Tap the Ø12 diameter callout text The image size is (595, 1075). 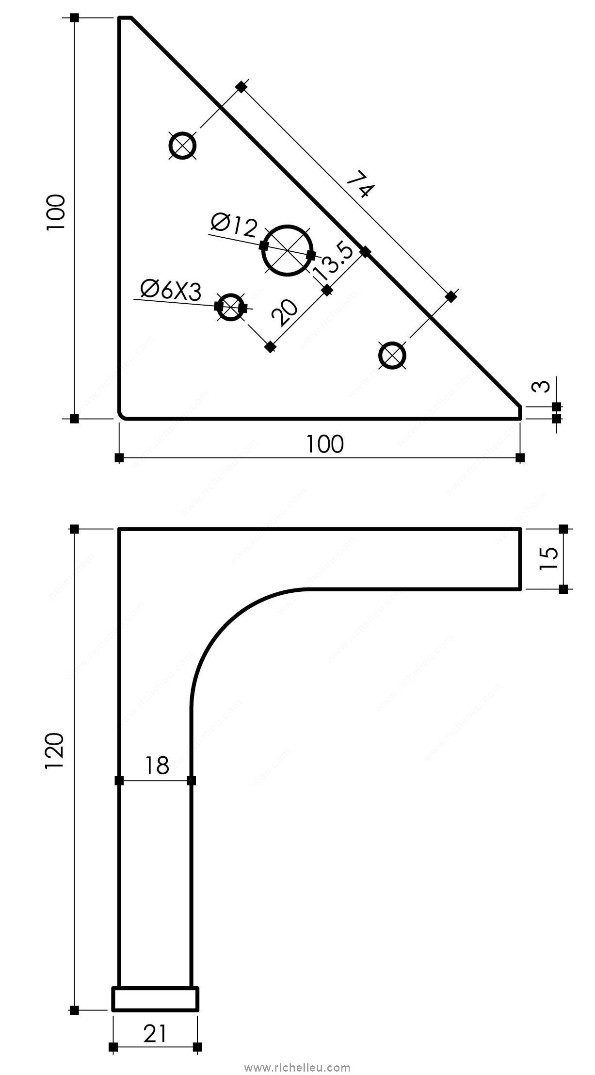click(234, 225)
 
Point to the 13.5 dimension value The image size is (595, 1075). click(333, 262)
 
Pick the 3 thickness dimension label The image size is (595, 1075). click(544, 386)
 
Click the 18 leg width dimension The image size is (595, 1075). click(157, 766)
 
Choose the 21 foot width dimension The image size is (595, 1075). click(155, 1035)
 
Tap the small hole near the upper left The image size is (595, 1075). click(183, 145)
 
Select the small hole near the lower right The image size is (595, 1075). click(392, 356)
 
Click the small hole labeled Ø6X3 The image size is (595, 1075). click(231, 307)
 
